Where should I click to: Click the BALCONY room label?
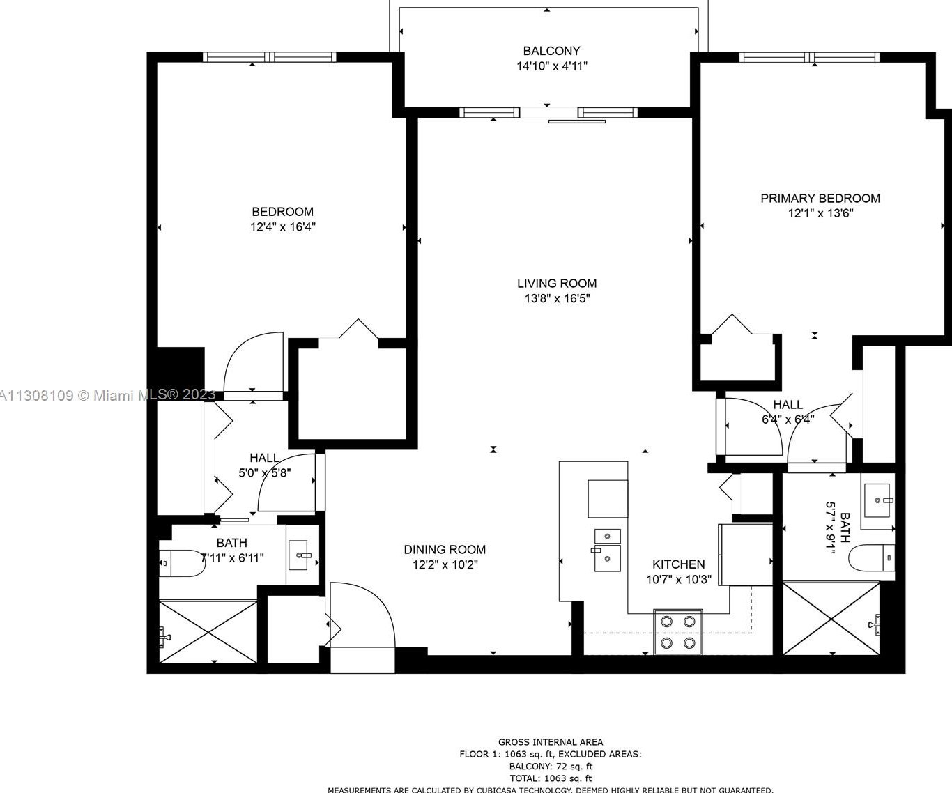(x=551, y=51)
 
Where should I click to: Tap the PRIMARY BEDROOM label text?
(x=820, y=199)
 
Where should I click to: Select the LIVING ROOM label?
(x=556, y=284)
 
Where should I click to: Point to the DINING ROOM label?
(x=445, y=550)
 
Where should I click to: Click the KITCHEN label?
(x=678, y=564)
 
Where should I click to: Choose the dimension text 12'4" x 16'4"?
(x=283, y=227)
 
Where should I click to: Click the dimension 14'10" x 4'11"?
(x=551, y=66)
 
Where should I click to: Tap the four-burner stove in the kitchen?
(x=677, y=631)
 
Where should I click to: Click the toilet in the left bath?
(x=181, y=563)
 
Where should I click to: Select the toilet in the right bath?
(x=871, y=557)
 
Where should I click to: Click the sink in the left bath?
(x=303, y=555)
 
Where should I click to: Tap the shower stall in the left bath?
(x=208, y=632)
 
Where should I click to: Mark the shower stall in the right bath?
(x=831, y=619)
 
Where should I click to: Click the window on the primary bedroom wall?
(x=809, y=57)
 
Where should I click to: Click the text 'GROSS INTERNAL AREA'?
(x=551, y=742)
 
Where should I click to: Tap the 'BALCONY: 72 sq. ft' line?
(x=551, y=766)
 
